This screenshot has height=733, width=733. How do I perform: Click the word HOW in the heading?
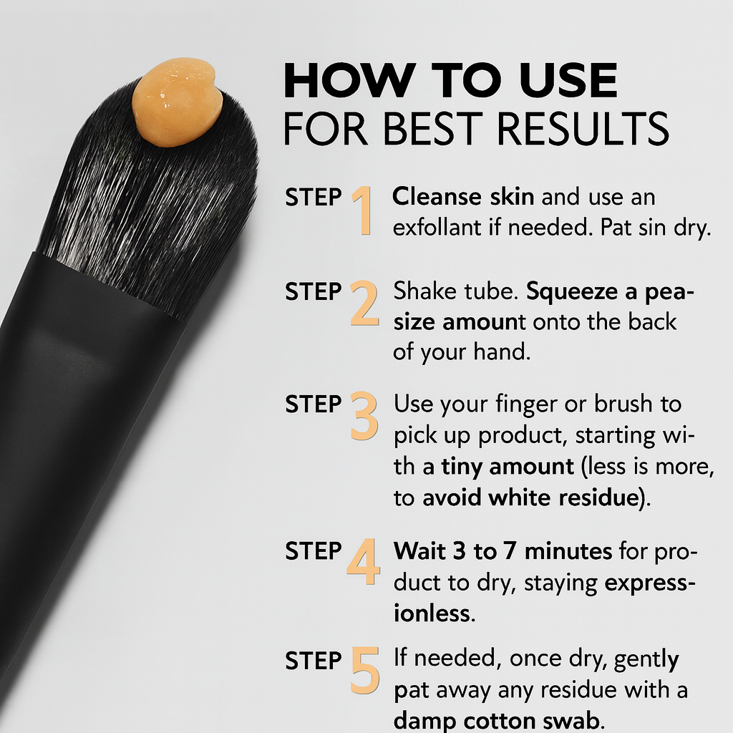coord(349,80)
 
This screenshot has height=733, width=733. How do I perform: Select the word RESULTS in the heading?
coord(583,128)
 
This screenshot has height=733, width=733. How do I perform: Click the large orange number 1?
coord(363,210)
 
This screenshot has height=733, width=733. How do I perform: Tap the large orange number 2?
coord(364,303)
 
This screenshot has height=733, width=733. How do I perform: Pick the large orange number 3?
coord(364,416)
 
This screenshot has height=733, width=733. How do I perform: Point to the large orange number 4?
coord(363,561)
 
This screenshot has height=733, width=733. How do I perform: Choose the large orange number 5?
coord(364,670)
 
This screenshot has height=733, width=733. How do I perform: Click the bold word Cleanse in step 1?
coord(437,196)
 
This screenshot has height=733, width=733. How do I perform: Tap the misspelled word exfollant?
coord(437,228)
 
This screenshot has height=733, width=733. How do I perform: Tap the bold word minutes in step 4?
coord(568,551)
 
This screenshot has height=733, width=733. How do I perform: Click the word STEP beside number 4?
coord(314,551)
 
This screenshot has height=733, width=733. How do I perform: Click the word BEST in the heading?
coord(432,128)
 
